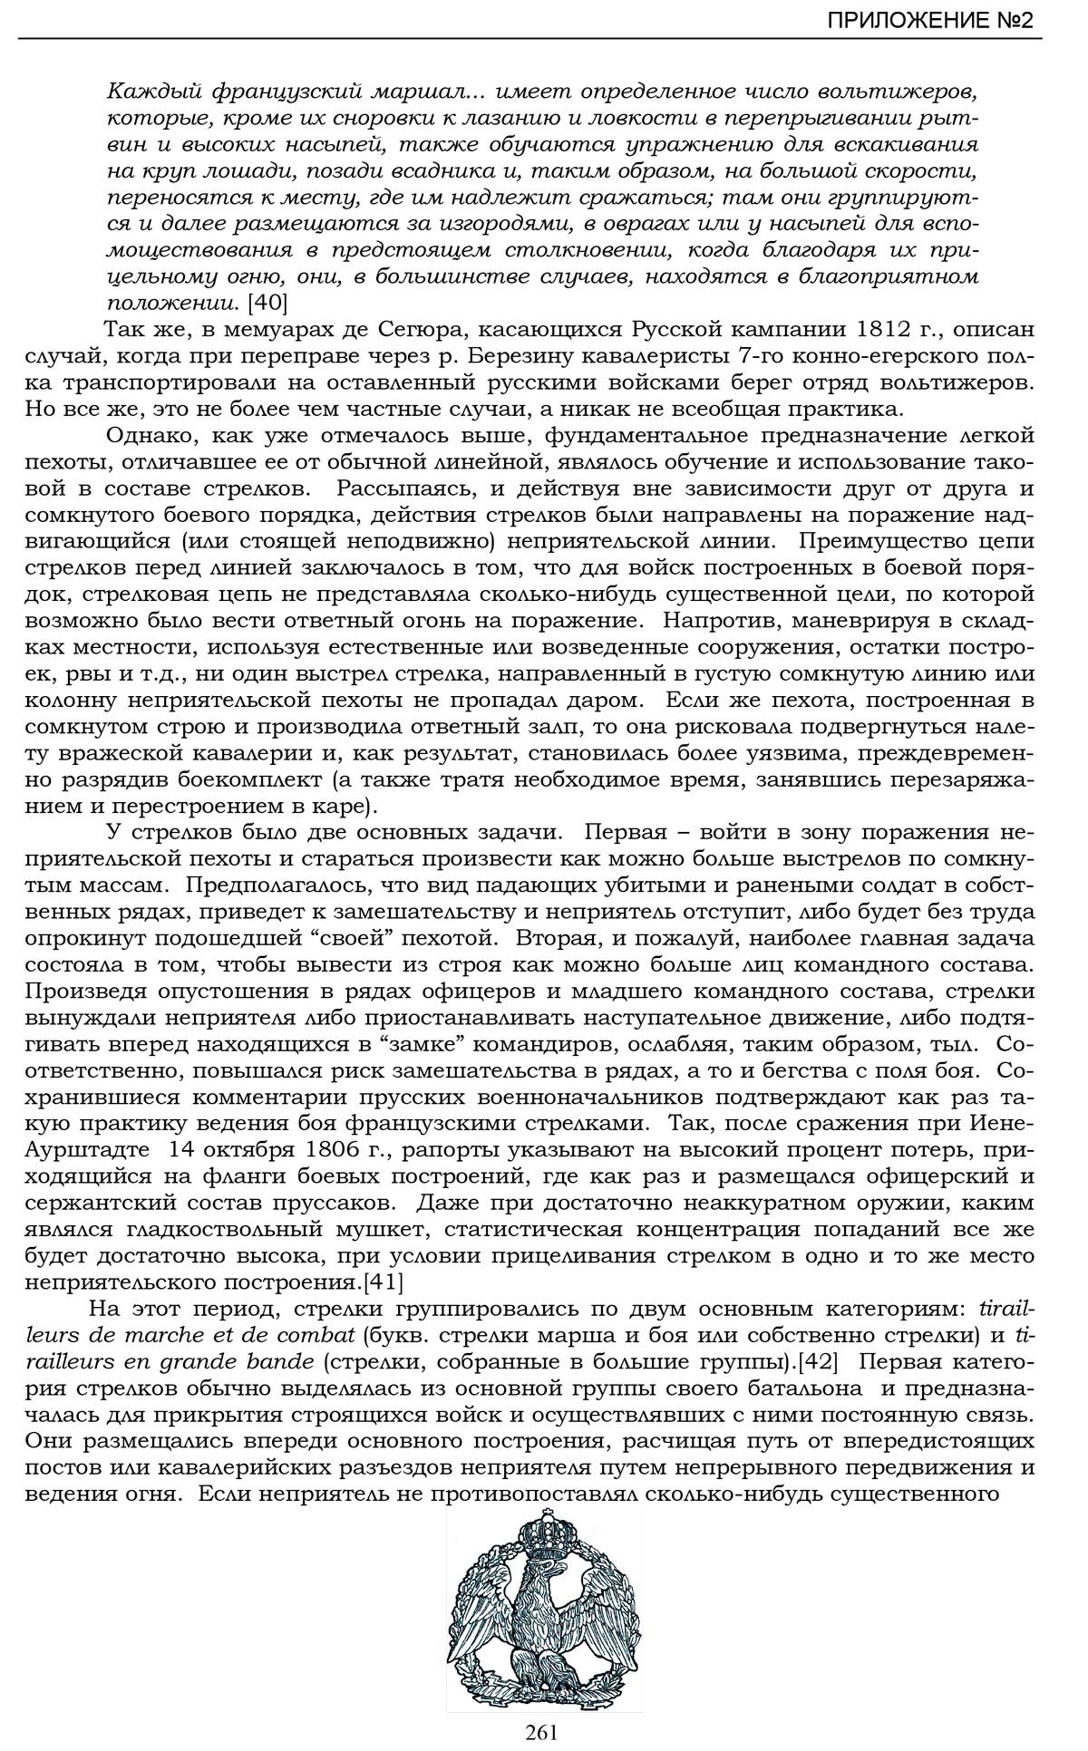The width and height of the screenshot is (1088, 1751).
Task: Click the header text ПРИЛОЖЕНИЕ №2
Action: tap(929, 20)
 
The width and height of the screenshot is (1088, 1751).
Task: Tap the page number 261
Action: tap(541, 1732)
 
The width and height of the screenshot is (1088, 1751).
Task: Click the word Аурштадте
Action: tap(87, 1150)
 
